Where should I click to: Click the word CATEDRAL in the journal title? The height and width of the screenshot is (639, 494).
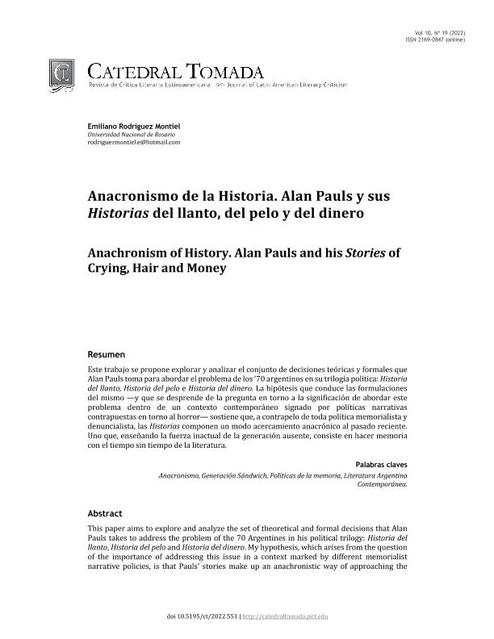pyautogui.click(x=135, y=71)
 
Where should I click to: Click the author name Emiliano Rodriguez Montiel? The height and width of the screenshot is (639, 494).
pyautogui.click(x=133, y=128)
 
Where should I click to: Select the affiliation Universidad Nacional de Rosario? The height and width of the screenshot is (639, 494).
pyautogui.click(x=125, y=135)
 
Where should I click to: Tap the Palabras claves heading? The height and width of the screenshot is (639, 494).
pyautogui.click(x=381, y=465)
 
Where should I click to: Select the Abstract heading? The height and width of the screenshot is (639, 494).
pyautogui.click(x=105, y=513)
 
